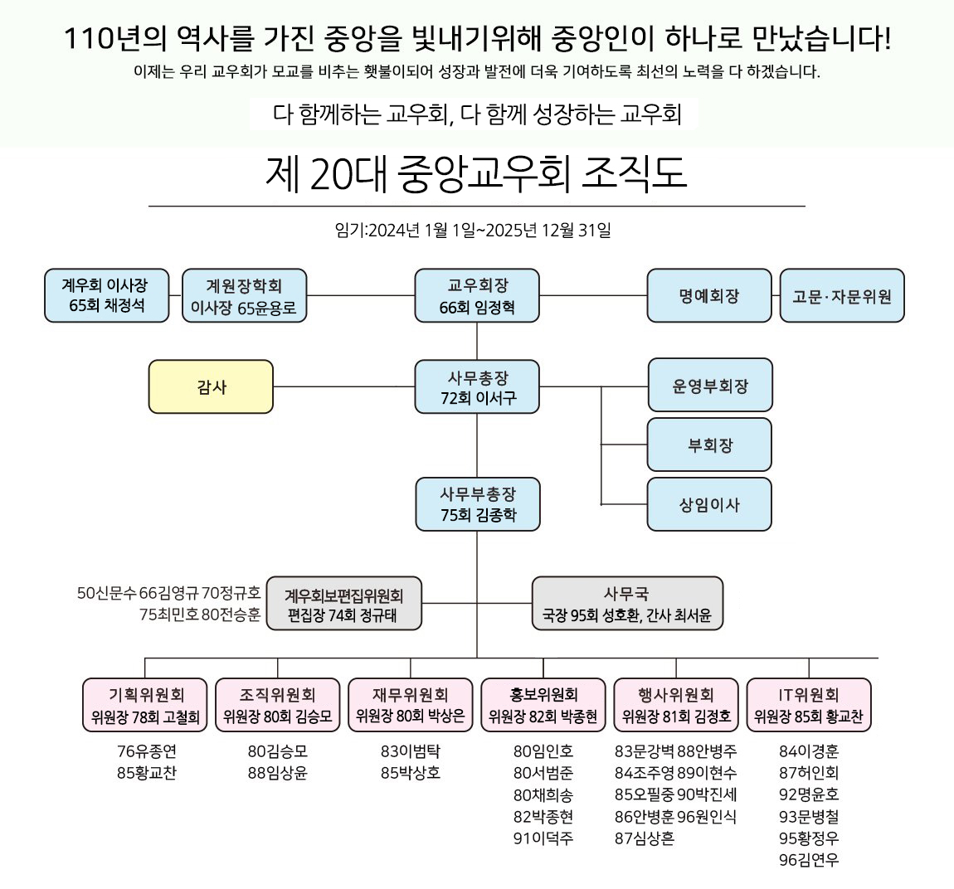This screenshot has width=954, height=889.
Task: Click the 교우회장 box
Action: [x=477, y=296]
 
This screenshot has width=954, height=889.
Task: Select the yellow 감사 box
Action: [x=211, y=386]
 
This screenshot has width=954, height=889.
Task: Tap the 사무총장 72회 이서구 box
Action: [x=477, y=387]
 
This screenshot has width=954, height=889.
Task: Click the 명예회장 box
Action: [x=708, y=296]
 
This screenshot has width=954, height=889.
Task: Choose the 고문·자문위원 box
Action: [x=841, y=296]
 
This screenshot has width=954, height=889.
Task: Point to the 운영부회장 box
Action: [x=709, y=386]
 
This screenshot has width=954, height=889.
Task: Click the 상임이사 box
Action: [x=709, y=504]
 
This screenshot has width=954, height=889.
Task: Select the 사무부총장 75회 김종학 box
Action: [x=477, y=504]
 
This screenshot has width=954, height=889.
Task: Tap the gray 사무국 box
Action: [x=626, y=605]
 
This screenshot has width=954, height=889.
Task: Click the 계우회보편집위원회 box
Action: [x=343, y=605]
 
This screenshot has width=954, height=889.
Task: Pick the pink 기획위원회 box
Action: [x=145, y=706]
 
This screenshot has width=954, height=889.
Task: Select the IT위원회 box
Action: [x=808, y=706]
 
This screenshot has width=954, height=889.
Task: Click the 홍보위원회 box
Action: [x=543, y=706]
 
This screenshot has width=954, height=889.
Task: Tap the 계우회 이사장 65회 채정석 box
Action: [x=106, y=296]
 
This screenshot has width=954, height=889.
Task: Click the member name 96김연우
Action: [x=809, y=860]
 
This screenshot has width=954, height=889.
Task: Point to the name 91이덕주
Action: [x=543, y=838]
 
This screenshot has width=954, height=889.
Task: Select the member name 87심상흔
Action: [x=645, y=838]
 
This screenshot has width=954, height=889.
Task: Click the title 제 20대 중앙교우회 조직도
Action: [x=476, y=175]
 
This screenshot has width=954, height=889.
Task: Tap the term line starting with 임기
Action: [x=473, y=231]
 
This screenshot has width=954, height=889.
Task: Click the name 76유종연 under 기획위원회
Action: [x=147, y=751]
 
